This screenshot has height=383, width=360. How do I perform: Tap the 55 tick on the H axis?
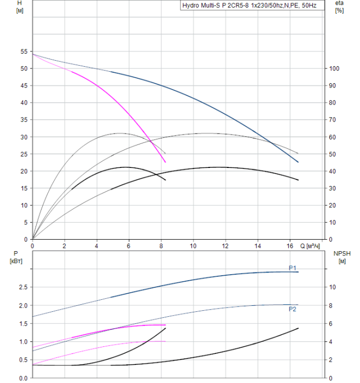click(24, 51)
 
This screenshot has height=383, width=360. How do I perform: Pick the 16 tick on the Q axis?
click(289, 246)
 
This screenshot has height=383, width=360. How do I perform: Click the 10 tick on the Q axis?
click(193, 246)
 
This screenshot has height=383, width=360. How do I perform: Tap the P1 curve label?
click(293, 268)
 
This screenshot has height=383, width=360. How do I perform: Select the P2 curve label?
click(293, 309)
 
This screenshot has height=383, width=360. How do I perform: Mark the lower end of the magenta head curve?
click(165, 162)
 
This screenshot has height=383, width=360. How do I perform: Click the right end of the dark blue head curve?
click(298, 162)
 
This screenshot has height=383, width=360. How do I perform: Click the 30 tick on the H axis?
click(24, 137)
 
